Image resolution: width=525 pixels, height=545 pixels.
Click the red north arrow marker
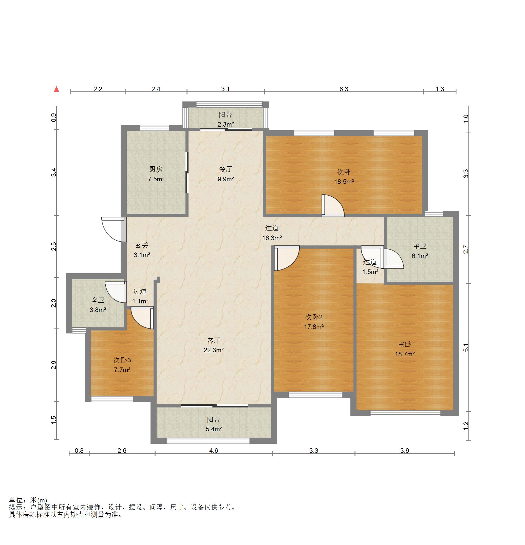[57, 89]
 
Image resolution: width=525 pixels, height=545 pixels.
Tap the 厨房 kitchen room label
[156, 169]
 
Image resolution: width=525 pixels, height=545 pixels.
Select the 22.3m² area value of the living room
[213, 350]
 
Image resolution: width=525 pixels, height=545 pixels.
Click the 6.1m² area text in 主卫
[420, 256]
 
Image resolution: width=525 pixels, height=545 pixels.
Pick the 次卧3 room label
[122, 360]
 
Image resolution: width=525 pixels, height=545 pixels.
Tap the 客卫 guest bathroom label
[98, 300]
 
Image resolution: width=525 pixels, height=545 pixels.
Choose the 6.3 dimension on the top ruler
[344, 89]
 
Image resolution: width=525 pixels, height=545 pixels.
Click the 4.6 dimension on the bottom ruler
[213, 451]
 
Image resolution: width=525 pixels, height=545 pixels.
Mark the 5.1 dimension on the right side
[466, 347]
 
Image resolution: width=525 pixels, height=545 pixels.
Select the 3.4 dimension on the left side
[54, 172]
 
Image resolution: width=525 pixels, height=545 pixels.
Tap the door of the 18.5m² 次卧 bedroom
[333, 205]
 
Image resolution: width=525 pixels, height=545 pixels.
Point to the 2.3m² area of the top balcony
[226, 125]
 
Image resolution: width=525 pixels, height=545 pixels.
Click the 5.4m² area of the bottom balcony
[214, 429]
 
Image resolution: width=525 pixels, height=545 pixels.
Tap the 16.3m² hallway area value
[272, 238]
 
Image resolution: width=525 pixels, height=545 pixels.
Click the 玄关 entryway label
[142, 245]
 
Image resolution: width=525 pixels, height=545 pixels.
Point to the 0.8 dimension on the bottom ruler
[79, 451]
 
